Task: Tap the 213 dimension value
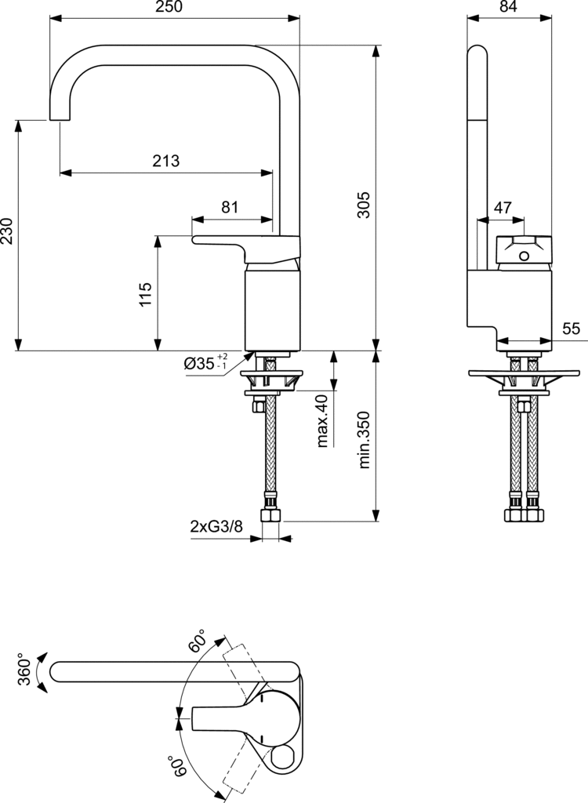166,161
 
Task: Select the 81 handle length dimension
230,207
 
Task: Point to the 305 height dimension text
363,205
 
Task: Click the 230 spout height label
6,231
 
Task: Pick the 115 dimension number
146,294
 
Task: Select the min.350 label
364,439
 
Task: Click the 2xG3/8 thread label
216,526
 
